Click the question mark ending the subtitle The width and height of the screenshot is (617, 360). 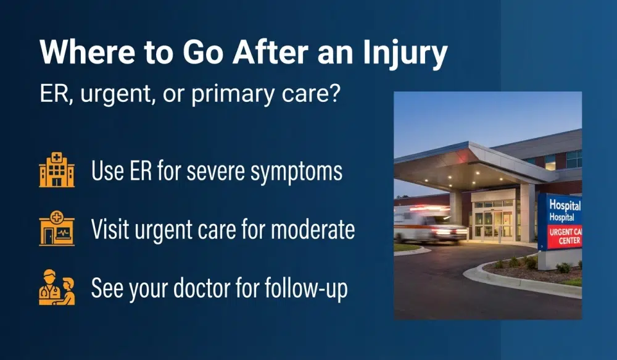[x=334, y=96]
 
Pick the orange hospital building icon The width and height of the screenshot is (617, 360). [x=56, y=170]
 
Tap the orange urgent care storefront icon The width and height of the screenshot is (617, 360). [x=56, y=229]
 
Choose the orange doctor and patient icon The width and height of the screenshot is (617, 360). [x=56, y=288]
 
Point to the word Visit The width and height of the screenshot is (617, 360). [x=109, y=230]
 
